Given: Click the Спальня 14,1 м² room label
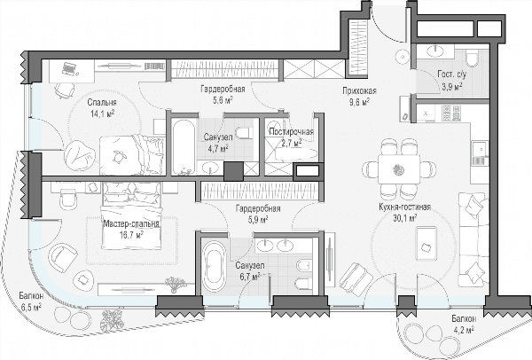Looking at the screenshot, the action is (102, 107).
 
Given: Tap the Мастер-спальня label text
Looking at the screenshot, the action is (131, 224).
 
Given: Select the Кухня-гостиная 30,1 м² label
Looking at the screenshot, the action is (405, 213).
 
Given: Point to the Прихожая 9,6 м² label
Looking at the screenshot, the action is (359, 96).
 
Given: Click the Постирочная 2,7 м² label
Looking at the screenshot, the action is (291, 137).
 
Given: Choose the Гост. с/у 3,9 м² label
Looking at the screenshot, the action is (451, 81).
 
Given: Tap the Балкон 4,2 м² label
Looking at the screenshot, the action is (464, 325).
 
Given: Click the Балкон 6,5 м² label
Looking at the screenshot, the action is (31, 301).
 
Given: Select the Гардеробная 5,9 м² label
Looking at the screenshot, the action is (258, 214).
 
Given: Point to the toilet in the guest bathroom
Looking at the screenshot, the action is (472, 58).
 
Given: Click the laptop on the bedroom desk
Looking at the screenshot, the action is (69, 68).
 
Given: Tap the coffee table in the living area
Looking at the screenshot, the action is (426, 244).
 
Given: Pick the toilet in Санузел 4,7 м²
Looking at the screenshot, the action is (245, 133).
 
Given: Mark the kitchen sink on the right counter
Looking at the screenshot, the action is (480, 149).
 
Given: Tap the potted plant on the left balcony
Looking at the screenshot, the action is (113, 320).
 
